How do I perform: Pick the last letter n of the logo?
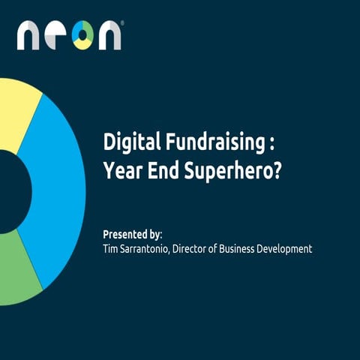[109, 35]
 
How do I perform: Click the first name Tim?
[110, 248]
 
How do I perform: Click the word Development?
[289, 248]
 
